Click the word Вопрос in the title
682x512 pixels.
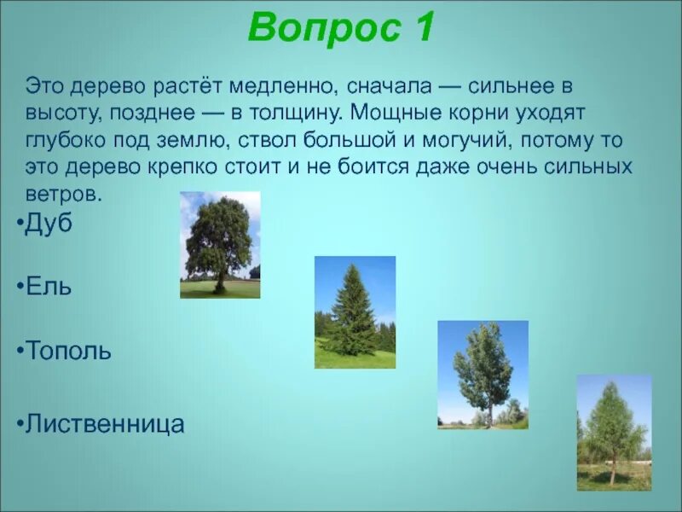(x=324, y=27)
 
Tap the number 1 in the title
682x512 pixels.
(x=422, y=26)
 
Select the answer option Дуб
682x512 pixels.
(x=49, y=224)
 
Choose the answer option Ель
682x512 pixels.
(x=49, y=287)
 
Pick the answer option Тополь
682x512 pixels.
(x=68, y=350)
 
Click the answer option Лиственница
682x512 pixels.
(x=105, y=423)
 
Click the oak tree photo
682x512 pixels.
(x=220, y=245)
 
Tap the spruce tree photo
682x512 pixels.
(x=355, y=312)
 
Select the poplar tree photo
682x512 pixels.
(x=483, y=375)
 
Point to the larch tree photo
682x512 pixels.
(x=614, y=433)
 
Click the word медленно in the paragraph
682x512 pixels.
(x=283, y=86)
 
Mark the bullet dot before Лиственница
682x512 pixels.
(x=20, y=423)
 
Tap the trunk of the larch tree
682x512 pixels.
(x=613, y=468)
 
